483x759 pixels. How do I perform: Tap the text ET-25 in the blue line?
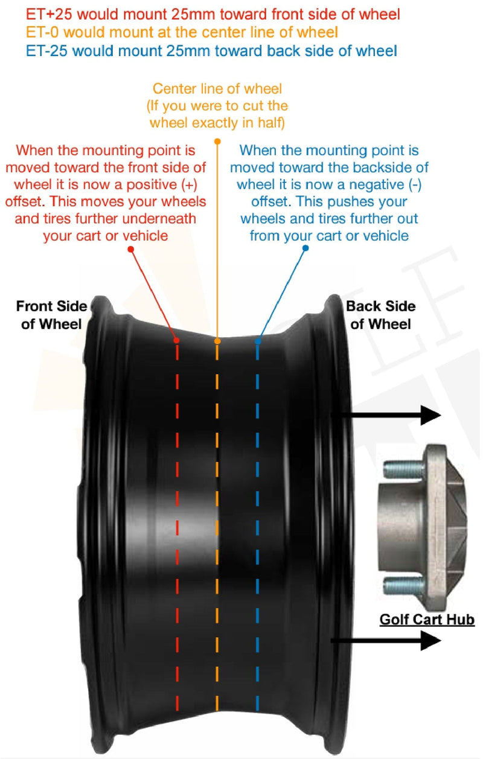click(x=29, y=51)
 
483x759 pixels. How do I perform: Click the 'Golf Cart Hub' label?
click(x=427, y=620)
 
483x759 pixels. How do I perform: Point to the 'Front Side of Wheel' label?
click(x=51, y=315)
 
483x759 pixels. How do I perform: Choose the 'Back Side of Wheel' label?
click(x=380, y=315)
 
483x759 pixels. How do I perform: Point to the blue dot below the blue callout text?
click(x=305, y=248)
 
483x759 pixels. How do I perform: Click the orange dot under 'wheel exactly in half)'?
click(x=217, y=141)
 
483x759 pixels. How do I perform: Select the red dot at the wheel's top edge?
click(x=177, y=341)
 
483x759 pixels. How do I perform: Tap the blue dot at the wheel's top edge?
click(x=258, y=341)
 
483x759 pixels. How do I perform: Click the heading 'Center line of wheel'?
click(x=217, y=89)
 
